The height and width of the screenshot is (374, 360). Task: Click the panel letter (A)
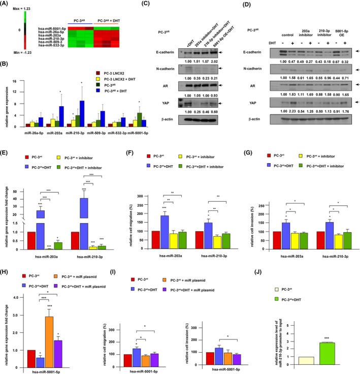7,4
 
